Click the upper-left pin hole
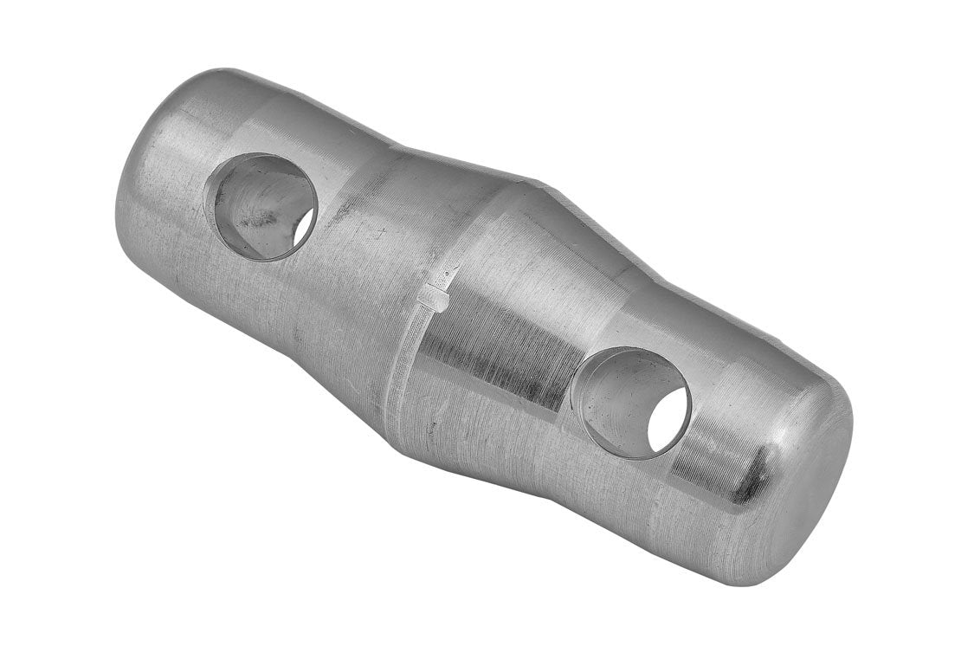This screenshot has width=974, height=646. (261, 206)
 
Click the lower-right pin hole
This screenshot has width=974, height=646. (631, 402)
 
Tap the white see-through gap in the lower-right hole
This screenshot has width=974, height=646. (669, 419)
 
